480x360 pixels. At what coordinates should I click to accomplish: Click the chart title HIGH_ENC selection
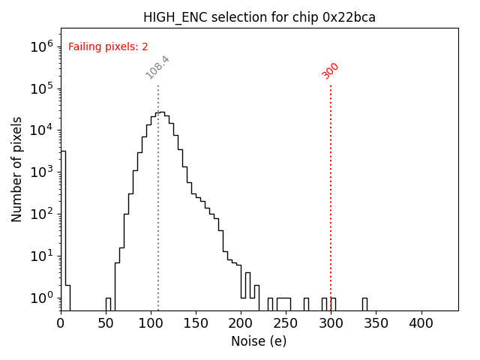tap(259, 17)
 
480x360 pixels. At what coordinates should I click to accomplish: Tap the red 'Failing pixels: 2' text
tap(108, 46)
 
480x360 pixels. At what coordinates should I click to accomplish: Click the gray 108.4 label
tap(157, 67)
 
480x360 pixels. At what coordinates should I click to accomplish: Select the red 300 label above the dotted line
tap(330, 70)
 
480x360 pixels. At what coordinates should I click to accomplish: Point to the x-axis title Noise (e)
tap(259, 341)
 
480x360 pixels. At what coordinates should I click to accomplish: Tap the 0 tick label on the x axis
tap(61, 323)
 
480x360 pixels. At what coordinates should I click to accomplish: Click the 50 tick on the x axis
tap(106, 323)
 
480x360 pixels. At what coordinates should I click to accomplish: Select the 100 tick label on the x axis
tap(151, 323)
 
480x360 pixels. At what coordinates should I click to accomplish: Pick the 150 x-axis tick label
tap(196, 323)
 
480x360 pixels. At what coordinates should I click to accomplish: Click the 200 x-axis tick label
tap(241, 323)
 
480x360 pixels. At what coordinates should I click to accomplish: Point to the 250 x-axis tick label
tap(286, 323)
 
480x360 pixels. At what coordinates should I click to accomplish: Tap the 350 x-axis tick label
tap(376, 323)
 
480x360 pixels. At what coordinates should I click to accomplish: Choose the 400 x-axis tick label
tap(421, 323)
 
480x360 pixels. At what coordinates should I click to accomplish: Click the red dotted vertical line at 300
tap(331, 187)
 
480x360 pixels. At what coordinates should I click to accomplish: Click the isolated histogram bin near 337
tap(364, 304)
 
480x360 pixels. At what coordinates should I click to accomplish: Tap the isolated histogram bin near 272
tap(306, 304)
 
